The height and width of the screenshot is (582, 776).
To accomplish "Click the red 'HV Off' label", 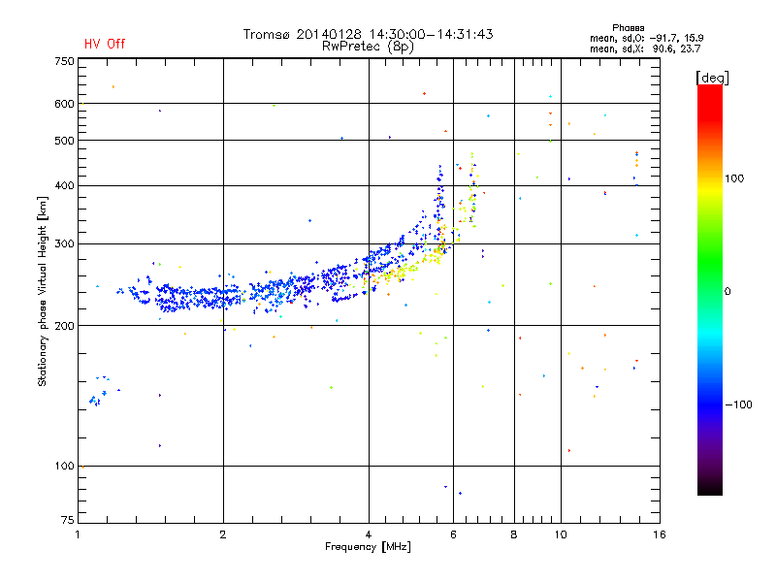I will [104, 44].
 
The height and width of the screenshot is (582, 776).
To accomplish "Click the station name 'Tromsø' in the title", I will [268, 34].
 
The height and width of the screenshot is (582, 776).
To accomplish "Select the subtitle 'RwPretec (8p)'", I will [370, 46].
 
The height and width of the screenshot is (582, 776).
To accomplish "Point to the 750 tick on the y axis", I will [64, 61].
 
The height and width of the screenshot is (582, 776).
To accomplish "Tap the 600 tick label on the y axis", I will [64, 104].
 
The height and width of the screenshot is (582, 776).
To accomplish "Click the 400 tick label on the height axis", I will [64, 185].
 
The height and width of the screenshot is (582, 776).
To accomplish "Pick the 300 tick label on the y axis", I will [64, 243].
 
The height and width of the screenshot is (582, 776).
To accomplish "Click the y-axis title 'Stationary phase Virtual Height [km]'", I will [43, 292].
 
